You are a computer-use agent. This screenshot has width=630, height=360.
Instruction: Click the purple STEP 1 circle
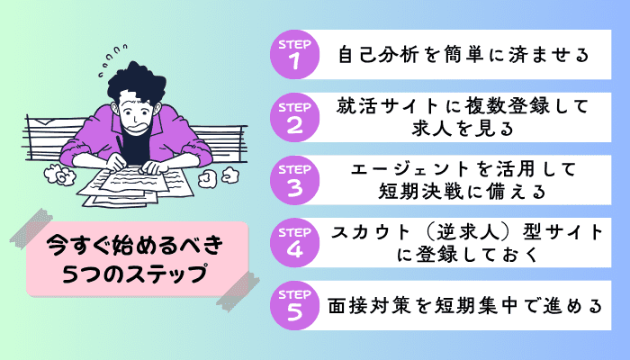click(294, 55)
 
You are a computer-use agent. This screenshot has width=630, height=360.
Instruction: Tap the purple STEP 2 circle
click(294, 117)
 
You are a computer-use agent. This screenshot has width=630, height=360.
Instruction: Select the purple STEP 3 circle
click(294, 180)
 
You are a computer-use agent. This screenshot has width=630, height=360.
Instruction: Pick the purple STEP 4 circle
click(294, 243)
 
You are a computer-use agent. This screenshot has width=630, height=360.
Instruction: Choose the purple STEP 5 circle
click(294, 305)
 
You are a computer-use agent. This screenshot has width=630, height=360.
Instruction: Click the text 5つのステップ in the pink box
click(135, 274)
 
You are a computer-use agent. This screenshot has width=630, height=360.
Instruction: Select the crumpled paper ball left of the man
click(60, 174)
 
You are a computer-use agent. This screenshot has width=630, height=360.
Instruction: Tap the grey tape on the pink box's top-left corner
click(31, 229)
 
